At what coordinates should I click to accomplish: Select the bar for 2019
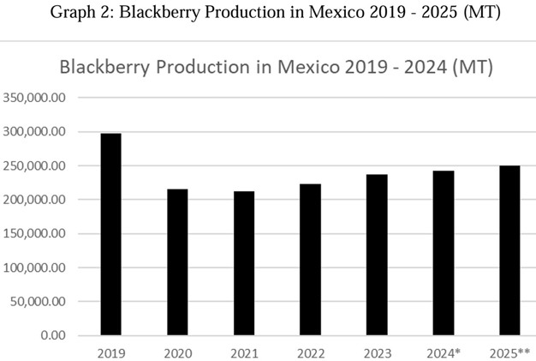click(110, 234)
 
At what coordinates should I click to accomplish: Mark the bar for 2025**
click(509, 250)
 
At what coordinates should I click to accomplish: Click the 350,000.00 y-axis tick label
click(35, 98)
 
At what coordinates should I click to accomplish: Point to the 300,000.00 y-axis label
click(35, 132)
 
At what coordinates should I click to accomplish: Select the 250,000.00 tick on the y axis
click(35, 165)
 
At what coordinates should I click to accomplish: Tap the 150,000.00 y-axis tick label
click(35, 233)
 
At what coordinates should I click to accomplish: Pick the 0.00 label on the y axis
click(52, 335)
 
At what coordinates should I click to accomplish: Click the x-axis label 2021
click(244, 352)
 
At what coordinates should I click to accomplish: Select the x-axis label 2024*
click(444, 352)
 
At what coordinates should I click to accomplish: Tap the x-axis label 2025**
click(509, 352)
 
